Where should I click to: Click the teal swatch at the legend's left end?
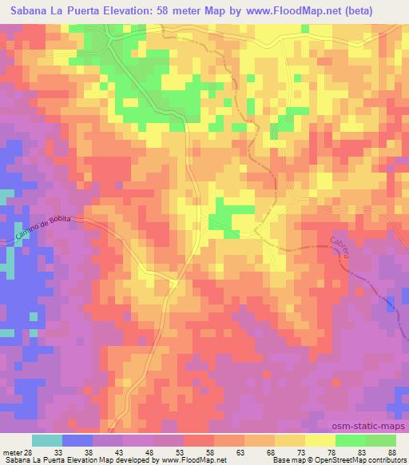click(x=47, y=440)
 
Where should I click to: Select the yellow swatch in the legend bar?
click(x=320, y=440)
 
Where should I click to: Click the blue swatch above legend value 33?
click(x=77, y=440)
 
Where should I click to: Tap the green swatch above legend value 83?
click(x=351, y=440)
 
